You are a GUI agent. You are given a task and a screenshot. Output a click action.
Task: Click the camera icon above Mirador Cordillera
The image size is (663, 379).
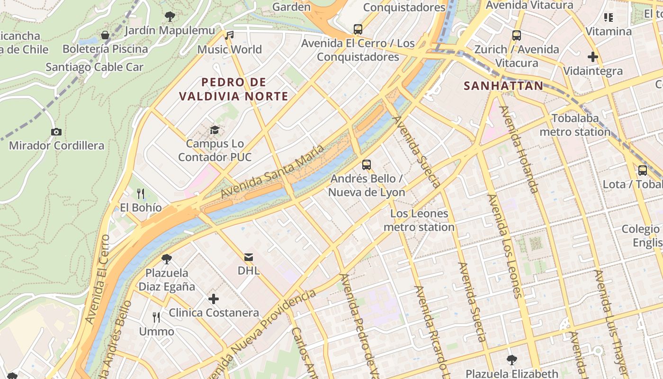56,132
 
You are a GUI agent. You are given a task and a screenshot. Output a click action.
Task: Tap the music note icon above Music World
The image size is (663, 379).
230,35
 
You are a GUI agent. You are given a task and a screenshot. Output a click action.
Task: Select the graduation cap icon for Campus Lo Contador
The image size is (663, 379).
215,130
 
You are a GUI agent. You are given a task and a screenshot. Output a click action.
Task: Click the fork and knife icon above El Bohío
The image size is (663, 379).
141,193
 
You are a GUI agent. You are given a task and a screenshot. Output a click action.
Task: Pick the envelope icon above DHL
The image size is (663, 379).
248,257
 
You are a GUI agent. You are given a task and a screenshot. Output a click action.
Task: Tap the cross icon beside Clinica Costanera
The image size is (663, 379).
214,299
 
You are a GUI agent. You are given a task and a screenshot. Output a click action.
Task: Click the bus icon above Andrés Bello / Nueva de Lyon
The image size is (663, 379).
367,165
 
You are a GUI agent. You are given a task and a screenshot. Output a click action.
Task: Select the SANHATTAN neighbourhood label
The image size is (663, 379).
503,86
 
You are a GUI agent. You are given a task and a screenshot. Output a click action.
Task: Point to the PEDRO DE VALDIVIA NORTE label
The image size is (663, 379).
233,89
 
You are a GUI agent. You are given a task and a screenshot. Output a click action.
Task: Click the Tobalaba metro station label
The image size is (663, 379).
575,125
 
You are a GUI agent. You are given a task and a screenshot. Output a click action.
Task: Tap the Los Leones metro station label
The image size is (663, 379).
419,220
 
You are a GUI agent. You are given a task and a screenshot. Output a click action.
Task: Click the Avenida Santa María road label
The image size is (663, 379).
272,172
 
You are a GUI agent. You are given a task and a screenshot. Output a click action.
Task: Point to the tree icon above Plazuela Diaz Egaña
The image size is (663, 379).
166,259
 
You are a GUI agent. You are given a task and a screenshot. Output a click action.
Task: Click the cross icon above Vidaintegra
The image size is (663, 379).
592,57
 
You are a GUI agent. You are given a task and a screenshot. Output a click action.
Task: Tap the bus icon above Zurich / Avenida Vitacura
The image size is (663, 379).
517,36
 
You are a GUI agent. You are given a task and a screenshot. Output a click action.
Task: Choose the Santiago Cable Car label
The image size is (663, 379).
94,67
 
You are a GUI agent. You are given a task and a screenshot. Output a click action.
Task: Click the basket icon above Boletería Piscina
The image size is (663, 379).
105,35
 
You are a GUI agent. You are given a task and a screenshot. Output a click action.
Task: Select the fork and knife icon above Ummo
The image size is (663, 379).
156,317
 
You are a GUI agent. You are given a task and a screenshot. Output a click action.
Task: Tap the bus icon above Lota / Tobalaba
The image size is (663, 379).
643,171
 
